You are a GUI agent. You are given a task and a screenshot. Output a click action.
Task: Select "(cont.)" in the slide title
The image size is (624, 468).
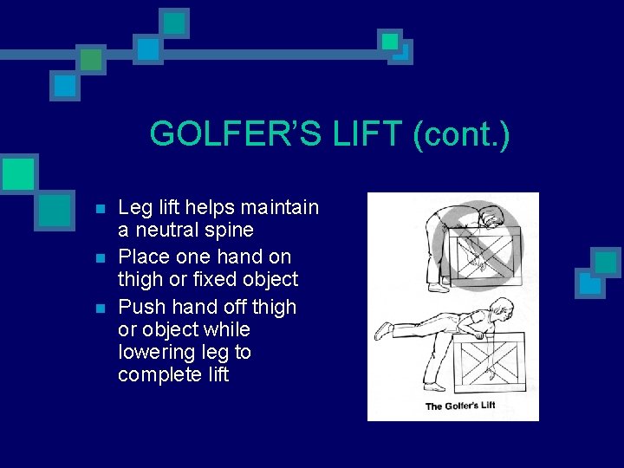(461, 134)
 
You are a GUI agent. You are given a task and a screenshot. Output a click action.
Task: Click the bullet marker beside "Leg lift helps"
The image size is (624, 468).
(101, 210)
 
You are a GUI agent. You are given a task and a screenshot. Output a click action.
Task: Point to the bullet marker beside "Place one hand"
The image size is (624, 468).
(101, 258)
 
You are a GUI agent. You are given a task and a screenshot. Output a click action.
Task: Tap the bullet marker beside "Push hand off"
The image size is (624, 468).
(101, 309)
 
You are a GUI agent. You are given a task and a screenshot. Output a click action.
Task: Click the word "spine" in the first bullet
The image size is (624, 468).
(228, 231)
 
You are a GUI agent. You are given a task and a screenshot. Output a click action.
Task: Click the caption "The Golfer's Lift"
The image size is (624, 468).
(459, 406)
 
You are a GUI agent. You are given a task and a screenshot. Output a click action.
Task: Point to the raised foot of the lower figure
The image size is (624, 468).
(382, 332)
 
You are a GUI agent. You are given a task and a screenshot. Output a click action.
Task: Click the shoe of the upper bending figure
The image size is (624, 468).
(439, 288)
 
